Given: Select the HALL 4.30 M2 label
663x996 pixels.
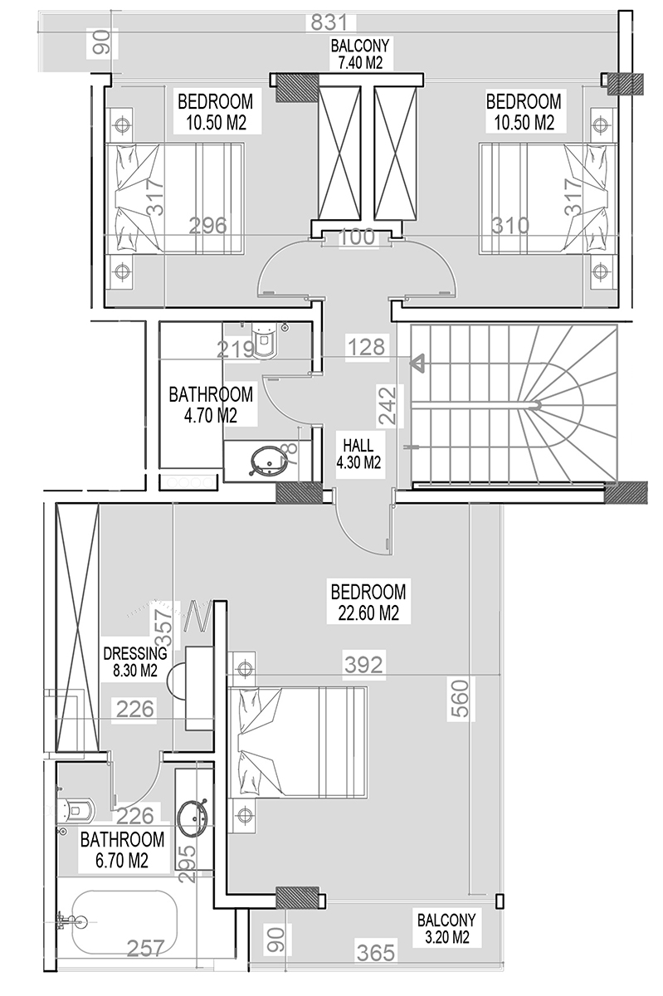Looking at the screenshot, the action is (358, 454).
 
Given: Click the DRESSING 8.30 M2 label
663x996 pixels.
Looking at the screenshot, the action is (135, 662).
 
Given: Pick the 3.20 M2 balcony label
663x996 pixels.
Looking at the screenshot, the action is (446, 929).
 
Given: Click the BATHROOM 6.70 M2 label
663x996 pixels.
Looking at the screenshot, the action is (122, 850).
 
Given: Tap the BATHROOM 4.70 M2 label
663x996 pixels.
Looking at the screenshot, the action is (211, 405).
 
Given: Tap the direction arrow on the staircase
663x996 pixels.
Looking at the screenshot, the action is (417, 363).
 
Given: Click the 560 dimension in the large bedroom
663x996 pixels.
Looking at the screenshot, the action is (461, 698).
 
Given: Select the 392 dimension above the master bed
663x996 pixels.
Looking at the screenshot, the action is (363, 664).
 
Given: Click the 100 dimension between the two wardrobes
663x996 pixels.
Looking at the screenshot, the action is (357, 237).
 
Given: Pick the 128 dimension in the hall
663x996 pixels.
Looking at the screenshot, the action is (367, 347).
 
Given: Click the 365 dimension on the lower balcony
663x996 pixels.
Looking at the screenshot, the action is (376, 953).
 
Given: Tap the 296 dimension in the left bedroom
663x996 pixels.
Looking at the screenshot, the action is (208, 226).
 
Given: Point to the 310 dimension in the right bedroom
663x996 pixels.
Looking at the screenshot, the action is (510, 226).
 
